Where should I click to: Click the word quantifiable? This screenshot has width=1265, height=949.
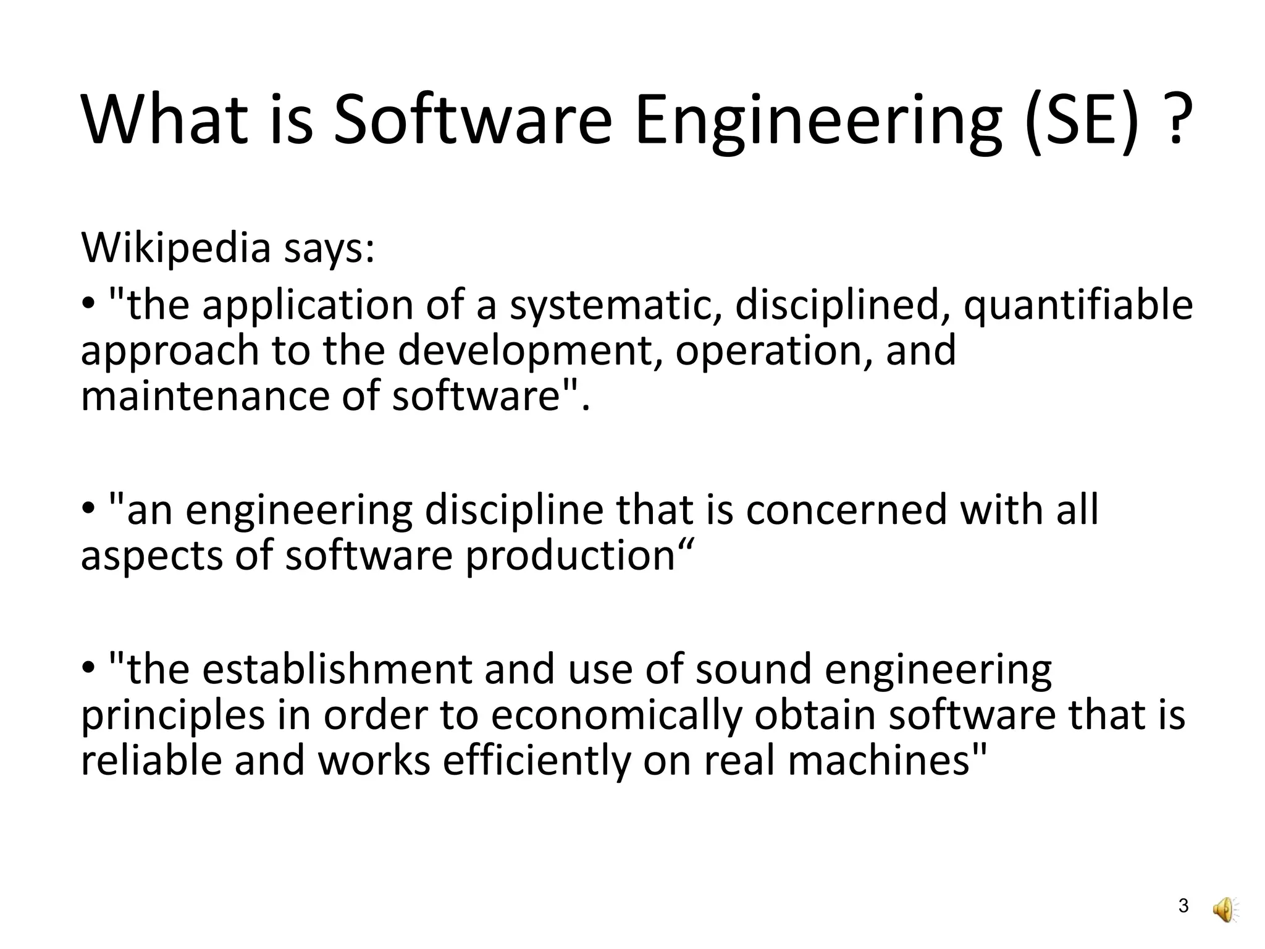point(1078,306)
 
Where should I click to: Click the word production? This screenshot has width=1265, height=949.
point(570,556)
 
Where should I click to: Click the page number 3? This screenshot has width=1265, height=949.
point(1183,906)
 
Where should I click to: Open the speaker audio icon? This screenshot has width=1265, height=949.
point(1224,908)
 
